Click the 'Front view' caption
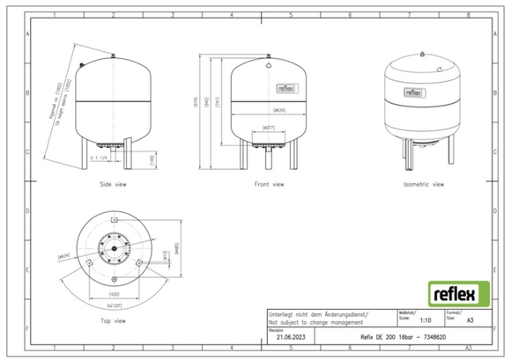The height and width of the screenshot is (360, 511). point(269,185)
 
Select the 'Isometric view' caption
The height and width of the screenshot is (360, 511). point(423,185)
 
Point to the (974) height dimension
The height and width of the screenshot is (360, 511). point(200,110)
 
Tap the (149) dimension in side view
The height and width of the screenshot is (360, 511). point(129,158)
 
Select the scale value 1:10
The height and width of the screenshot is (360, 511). point(426,322)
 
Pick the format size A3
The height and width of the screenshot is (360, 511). point(473,322)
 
